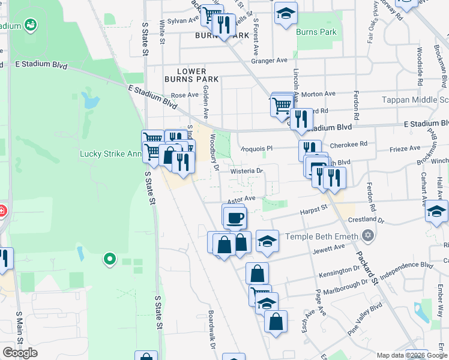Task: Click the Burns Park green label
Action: pyautogui.click(x=317, y=31)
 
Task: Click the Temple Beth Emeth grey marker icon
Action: pyautogui.click(x=368, y=236)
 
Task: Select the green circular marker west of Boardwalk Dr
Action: pyautogui.click(x=109, y=259)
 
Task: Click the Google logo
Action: pyautogui.click(x=20, y=353)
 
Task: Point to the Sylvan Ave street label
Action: pyautogui.click(x=183, y=20)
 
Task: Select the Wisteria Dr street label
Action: pyautogui.click(x=247, y=171)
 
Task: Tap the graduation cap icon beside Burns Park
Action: pyautogui.click(x=286, y=13)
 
